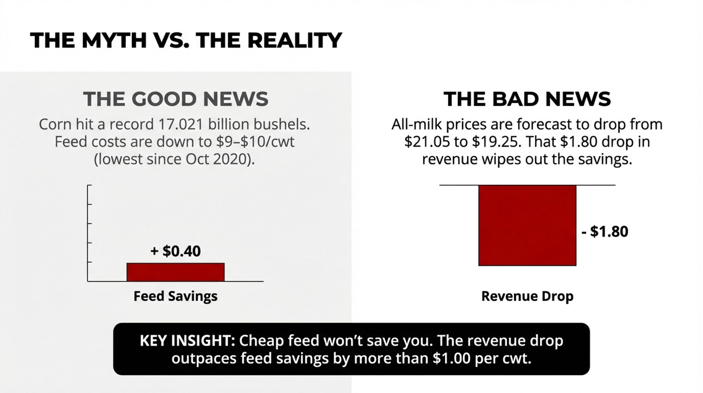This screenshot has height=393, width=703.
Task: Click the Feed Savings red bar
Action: (x=175, y=272)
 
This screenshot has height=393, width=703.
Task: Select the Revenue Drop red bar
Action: (x=527, y=225)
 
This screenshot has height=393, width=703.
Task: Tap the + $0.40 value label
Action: (x=175, y=251)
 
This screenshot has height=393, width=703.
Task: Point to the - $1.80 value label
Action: (x=605, y=231)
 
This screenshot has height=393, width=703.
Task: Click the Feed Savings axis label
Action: (x=175, y=296)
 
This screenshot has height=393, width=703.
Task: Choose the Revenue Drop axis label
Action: (x=527, y=296)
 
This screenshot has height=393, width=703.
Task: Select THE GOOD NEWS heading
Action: (x=176, y=99)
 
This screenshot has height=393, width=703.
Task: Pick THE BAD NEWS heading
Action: (x=527, y=99)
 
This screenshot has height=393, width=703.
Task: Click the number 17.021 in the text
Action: (x=181, y=124)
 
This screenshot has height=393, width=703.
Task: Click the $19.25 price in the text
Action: (x=495, y=142)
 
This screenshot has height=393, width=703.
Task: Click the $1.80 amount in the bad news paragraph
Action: (x=579, y=142)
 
